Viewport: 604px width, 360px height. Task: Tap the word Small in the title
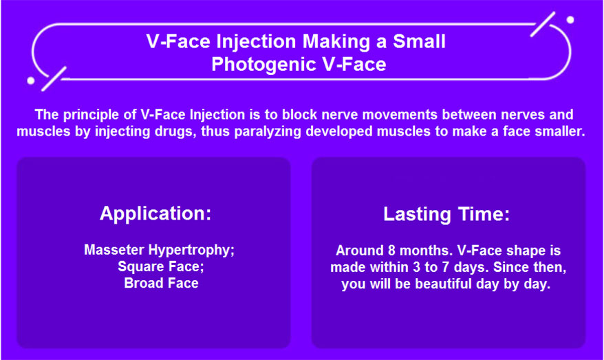click(419, 41)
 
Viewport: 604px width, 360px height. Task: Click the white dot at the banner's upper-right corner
click(570, 20)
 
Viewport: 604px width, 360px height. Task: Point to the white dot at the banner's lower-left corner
click(31, 81)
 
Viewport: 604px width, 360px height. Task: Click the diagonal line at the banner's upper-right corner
click(543, 24)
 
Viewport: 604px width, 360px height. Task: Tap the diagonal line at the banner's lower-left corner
click(54, 79)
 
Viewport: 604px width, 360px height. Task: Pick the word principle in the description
click(100, 114)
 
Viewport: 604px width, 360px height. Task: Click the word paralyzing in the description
click(268, 131)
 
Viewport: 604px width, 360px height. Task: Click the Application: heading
click(155, 213)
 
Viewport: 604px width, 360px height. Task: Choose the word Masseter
click(114, 250)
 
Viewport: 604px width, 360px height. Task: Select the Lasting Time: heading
click(446, 214)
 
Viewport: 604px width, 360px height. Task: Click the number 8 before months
click(391, 251)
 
